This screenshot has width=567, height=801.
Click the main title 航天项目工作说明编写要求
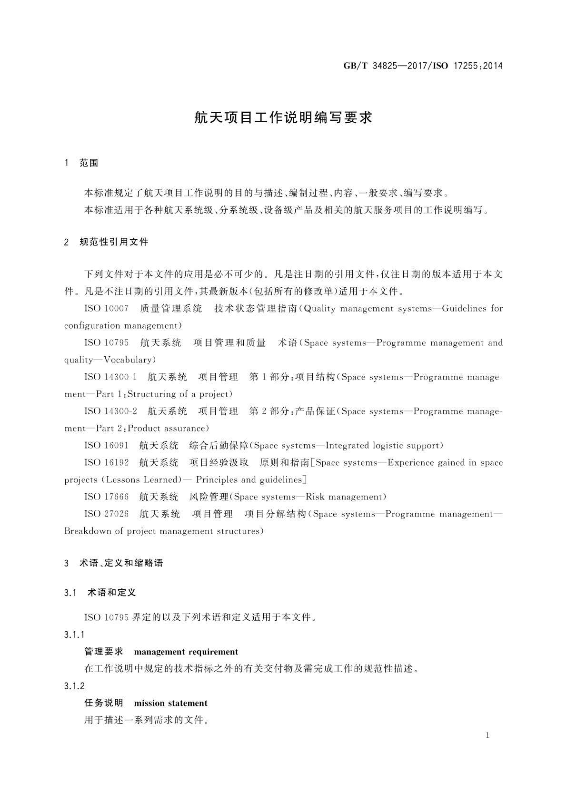click(x=283, y=118)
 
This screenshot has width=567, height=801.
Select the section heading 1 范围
click(x=81, y=163)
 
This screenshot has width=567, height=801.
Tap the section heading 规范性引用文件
click(x=114, y=242)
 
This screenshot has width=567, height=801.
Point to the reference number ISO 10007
click(x=106, y=309)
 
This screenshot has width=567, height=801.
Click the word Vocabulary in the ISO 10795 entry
click(x=127, y=360)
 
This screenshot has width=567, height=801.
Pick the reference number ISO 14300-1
click(x=110, y=377)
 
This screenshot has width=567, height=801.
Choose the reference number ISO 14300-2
click(x=110, y=411)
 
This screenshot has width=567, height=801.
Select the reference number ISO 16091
click(x=106, y=446)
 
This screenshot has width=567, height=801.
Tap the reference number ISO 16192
click(x=106, y=463)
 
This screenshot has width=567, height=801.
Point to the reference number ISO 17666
click(x=106, y=497)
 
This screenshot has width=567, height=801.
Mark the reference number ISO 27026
click(x=106, y=514)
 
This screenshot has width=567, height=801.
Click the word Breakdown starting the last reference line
click(x=87, y=531)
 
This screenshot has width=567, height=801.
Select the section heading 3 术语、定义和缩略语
click(x=114, y=563)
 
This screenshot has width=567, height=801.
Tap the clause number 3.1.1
click(x=74, y=635)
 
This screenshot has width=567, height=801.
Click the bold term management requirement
click(x=186, y=652)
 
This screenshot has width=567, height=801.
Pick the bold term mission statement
click(x=171, y=703)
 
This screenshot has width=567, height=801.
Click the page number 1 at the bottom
click(x=487, y=735)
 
